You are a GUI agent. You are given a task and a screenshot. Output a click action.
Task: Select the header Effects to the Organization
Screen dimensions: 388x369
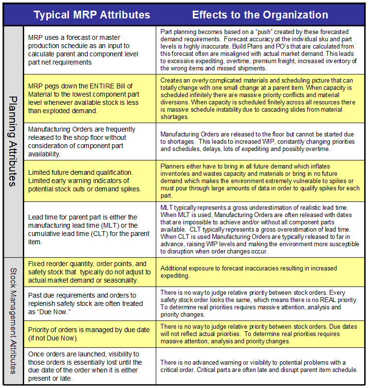pos(260,15)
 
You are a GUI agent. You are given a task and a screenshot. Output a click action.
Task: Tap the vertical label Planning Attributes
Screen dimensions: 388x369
pos(13,141)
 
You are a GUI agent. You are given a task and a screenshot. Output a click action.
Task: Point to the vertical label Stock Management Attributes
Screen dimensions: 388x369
pos(13,321)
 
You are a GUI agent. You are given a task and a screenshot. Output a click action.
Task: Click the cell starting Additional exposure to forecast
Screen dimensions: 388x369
pos(261,272)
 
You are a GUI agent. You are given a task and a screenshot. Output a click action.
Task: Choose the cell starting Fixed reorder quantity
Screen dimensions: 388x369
pos(90,272)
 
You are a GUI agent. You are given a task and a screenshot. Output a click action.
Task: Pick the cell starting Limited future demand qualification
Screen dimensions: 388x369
pos(90,180)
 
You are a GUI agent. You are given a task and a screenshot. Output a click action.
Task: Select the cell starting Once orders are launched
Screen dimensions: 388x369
pos(90,366)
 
